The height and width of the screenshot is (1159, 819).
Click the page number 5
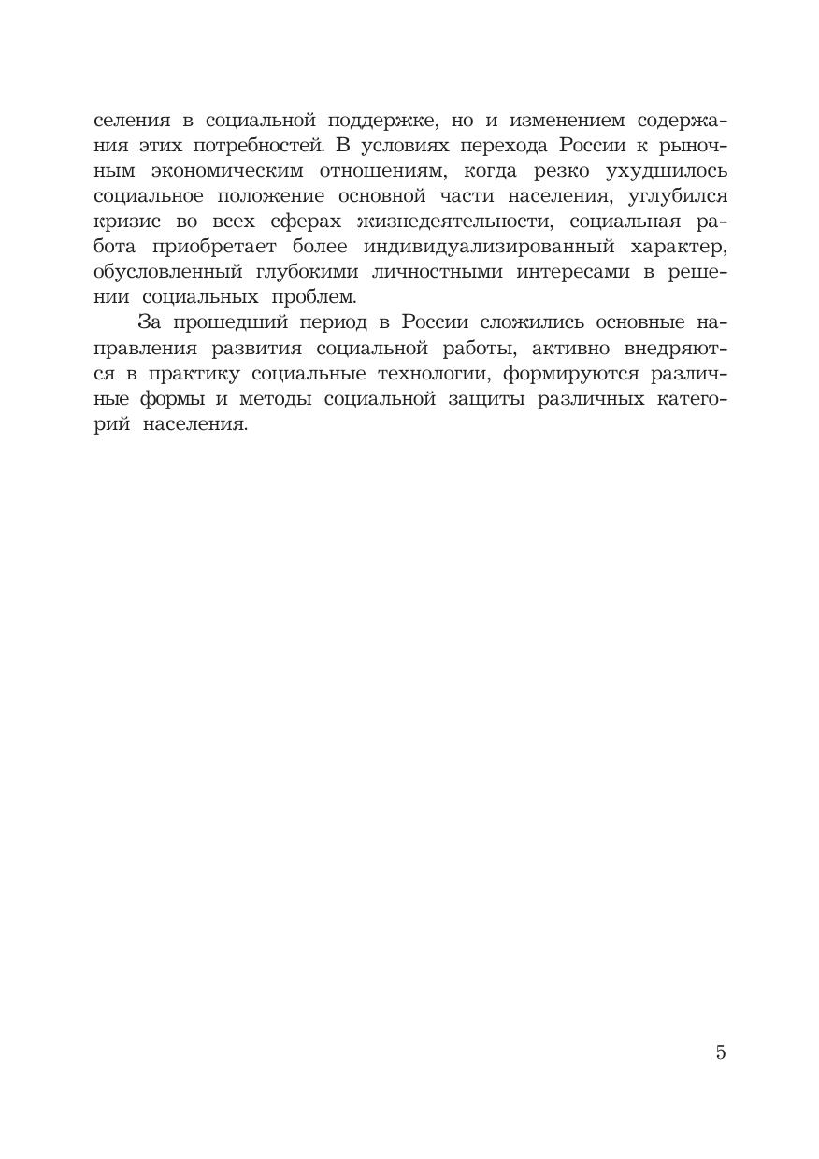click(x=720, y=1052)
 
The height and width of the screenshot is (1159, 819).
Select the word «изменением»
click(x=559, y=122)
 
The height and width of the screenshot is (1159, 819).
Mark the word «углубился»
click(x=670, y=197)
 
